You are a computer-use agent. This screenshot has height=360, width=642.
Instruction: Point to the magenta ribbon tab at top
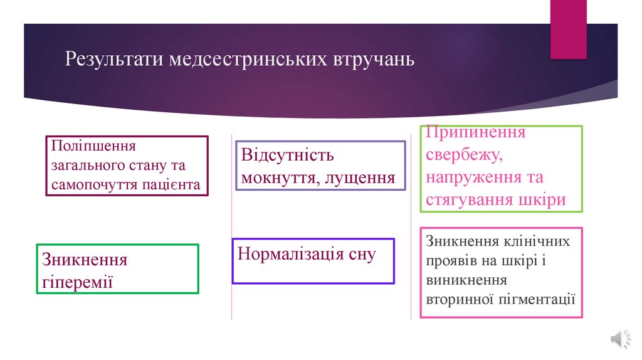(x=568, y=28)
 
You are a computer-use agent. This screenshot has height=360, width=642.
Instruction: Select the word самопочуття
(x=95, y=184)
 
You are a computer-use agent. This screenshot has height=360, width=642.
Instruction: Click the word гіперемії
(x=77, y=281)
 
